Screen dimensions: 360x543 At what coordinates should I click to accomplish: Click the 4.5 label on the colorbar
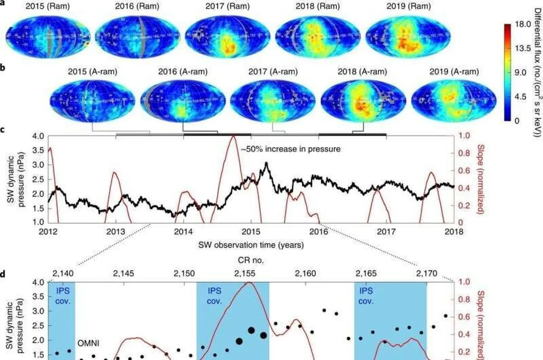pyautogui.click(x=516, y=97)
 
